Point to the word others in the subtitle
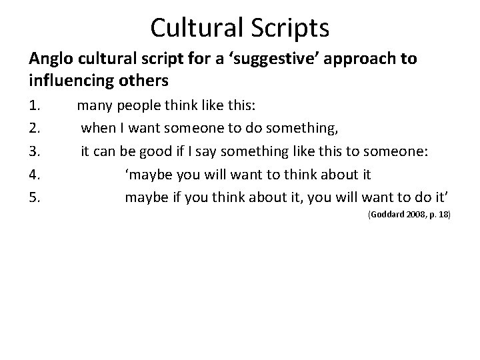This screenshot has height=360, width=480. click(x=143, y=81)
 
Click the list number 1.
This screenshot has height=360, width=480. click(x=35, y=105)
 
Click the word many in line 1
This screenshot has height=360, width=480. click(x=95, y=105)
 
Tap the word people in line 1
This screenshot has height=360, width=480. click(x=138, y=105)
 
